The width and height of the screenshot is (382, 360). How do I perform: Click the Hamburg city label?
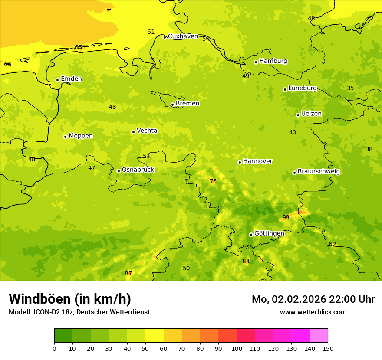pyautogui.click(x=273, y=61)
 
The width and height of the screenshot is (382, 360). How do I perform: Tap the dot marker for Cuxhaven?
pyautogui.click(x=165, y=37)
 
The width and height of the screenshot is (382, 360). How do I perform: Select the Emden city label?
pyautogui.click(x=71, y=79)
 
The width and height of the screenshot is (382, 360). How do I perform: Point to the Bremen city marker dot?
pyautogui.click(x=172, y=105)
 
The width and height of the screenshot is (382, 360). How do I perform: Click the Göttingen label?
pyautogui.click(x=269, y=234)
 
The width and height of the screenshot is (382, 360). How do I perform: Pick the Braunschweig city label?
pyautogui.click(x=319, y=172)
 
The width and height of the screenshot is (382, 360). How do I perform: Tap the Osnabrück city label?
pyautogui.click(x=138, y=170)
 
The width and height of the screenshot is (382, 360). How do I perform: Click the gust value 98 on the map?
pyautogui.click(x=286, y=218)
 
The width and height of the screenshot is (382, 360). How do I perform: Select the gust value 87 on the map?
pyautogui.click(x=128, y=273)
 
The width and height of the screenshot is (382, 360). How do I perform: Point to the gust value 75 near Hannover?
pyautogui.click(x=213, y=182)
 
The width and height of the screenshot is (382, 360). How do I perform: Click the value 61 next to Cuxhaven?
pyautogui.click(x=151, y=32)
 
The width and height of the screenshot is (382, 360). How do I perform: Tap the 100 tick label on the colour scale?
pyautogui.click(x=237, y=348)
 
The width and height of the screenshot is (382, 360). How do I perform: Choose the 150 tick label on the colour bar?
pyautogui.click(x=328, y=348)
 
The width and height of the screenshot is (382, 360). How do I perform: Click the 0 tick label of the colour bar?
pyautogui.click(x=54, y=348)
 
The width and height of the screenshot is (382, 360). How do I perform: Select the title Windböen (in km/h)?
pyautogui.click(x=70, y=299)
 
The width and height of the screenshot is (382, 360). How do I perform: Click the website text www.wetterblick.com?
pyautogui.click(x=313, y=312)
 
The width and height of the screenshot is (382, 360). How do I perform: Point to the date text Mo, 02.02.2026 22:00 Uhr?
pyautogui.click(x=313, y=299)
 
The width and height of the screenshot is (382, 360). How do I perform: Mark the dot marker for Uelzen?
pyautogui.click(x=298, y=115)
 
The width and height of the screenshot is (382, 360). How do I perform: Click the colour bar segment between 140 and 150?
pyautogui.click(x=319, y=336)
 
